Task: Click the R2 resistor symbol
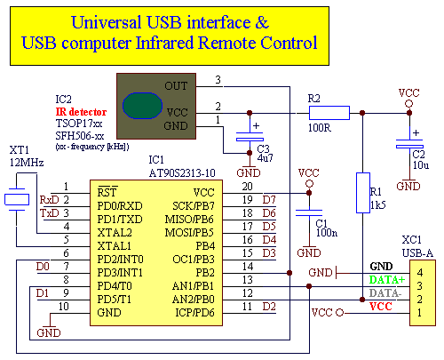pos(329,113)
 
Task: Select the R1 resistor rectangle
pos(363,193)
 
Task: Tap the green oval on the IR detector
pos(142,106)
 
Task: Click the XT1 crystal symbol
pos(17,199)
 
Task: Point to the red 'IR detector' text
pos(81,112)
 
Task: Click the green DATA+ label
pos(386,280)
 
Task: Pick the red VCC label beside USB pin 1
pos(381,307)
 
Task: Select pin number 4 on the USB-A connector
pos(419,272)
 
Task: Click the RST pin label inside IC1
pos(107,192)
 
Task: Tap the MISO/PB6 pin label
pos(189,220)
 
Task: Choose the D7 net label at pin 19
pos(269,200)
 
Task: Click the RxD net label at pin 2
pos(50,200)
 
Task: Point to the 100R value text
pos(320,128)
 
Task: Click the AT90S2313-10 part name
pos(182,173)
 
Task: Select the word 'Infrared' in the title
pos(164,43)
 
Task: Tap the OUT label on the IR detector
pos(176,86)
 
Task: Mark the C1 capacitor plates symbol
pos(309,213)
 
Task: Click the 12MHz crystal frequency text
pos(27,163)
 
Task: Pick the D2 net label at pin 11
pos(269,307)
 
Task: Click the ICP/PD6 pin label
pos(194,313)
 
